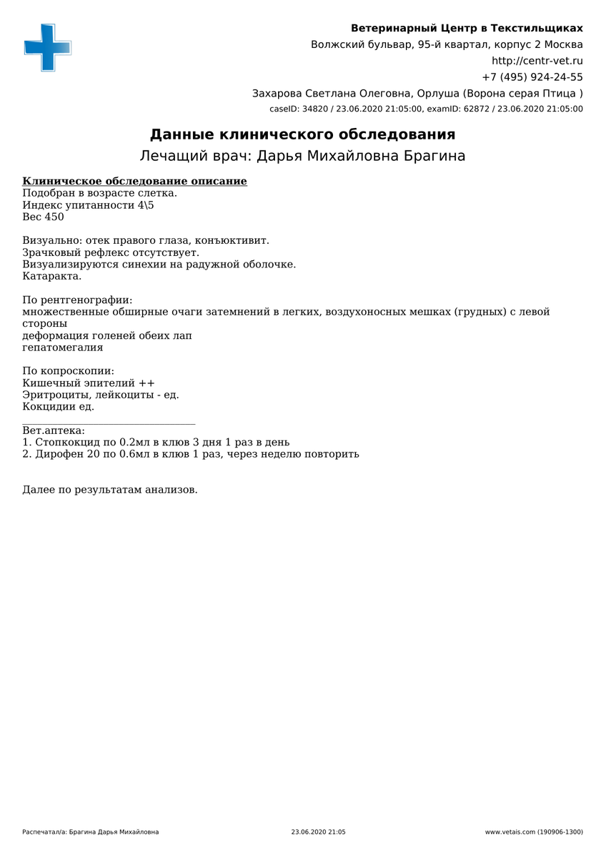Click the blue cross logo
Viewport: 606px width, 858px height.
pos(48,47)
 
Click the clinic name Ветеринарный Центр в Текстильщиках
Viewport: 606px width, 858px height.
pos(466,29)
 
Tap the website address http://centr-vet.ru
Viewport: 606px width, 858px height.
pos(537,61)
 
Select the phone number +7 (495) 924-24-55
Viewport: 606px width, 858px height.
pos(532,77)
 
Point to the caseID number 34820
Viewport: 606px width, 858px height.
pos(315,109)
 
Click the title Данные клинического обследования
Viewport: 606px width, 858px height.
pos(302,134)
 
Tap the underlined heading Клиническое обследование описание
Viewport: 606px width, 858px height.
pos(134,182)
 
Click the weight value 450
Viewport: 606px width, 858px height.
pos(54,217)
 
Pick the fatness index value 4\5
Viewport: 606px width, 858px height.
pos(145,205)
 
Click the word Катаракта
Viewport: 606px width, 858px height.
pos(51,276)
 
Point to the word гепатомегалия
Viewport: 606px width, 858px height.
pos(62,347)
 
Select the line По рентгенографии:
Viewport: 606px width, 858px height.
pos(77,300)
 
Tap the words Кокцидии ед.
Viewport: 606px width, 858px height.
pos(58,407)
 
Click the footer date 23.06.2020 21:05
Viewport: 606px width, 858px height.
pos(318,832)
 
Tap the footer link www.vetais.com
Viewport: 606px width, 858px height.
pos(510,832)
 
